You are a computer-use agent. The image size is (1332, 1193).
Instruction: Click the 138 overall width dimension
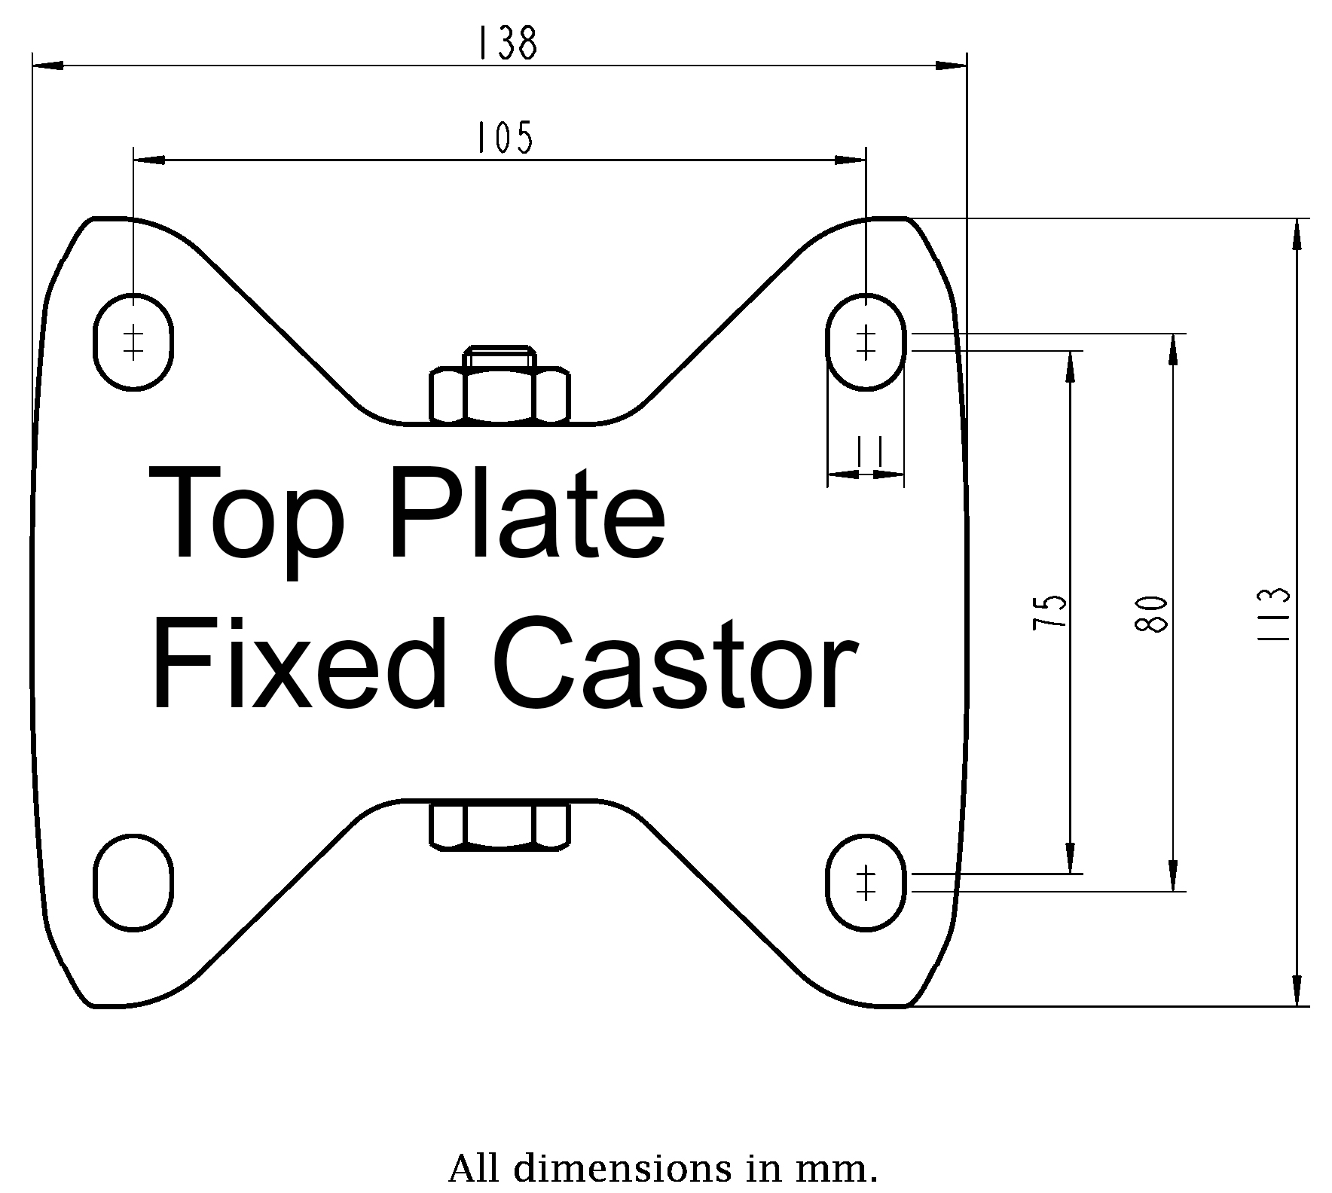507,44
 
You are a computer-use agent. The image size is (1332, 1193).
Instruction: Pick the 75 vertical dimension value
1050,612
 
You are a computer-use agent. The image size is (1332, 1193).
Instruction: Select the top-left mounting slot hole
134,342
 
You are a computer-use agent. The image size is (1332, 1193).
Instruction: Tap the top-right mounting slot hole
866,342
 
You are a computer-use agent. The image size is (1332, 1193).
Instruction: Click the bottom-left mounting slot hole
134,882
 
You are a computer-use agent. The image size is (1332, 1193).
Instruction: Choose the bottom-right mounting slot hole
866,882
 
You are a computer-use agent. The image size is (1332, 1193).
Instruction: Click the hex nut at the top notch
499,390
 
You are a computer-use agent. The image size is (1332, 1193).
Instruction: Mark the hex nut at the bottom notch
499,825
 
